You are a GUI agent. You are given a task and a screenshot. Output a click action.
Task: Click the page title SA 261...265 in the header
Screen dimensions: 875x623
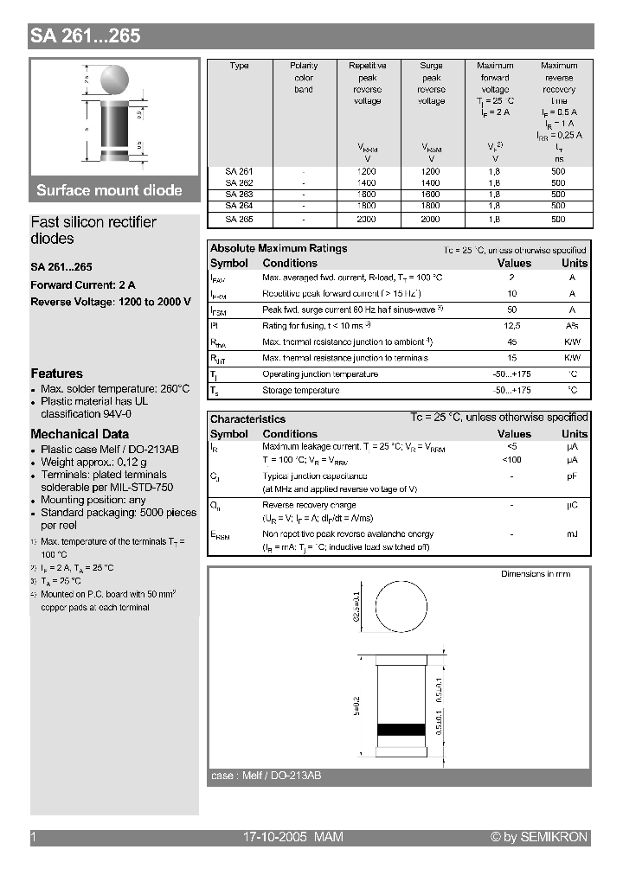tap(85, 35)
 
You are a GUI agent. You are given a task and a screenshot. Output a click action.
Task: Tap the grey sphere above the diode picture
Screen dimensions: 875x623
tap(115, 80)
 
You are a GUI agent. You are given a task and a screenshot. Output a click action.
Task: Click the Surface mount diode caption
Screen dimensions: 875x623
tap(109, 190)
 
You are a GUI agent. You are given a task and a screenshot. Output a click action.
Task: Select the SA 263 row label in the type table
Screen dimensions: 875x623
tap(239, 195)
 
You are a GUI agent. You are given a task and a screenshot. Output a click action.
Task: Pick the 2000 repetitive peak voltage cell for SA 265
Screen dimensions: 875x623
tap(367, 220)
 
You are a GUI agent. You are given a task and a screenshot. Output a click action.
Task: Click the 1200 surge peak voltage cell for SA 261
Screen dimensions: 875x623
tap(431, 171)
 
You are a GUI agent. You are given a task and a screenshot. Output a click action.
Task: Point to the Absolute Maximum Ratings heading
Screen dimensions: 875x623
tap(279, 248)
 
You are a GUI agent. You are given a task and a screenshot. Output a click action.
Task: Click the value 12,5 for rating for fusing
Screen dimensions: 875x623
tap(512, 325)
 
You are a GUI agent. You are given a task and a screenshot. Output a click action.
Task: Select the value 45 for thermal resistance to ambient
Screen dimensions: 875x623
tap(512, 342)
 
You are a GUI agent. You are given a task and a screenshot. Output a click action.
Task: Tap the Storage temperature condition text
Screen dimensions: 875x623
tap(300, 390)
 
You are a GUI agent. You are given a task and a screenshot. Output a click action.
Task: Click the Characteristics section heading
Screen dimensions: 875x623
tap(247, 418)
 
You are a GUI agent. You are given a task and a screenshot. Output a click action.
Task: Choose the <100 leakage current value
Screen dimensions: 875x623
tap(512, 460)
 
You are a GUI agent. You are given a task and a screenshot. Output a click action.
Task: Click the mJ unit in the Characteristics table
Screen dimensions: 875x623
tap(572, 534)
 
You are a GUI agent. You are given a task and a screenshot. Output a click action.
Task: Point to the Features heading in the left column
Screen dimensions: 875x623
tap(56, 374)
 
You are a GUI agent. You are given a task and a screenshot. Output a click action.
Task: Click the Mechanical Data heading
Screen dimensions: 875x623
tap(80, 434)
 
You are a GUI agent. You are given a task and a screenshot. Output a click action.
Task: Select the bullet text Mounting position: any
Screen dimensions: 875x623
tap(93, 500)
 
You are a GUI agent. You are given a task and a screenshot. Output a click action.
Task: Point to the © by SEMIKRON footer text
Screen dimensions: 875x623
tap(538, 837)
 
